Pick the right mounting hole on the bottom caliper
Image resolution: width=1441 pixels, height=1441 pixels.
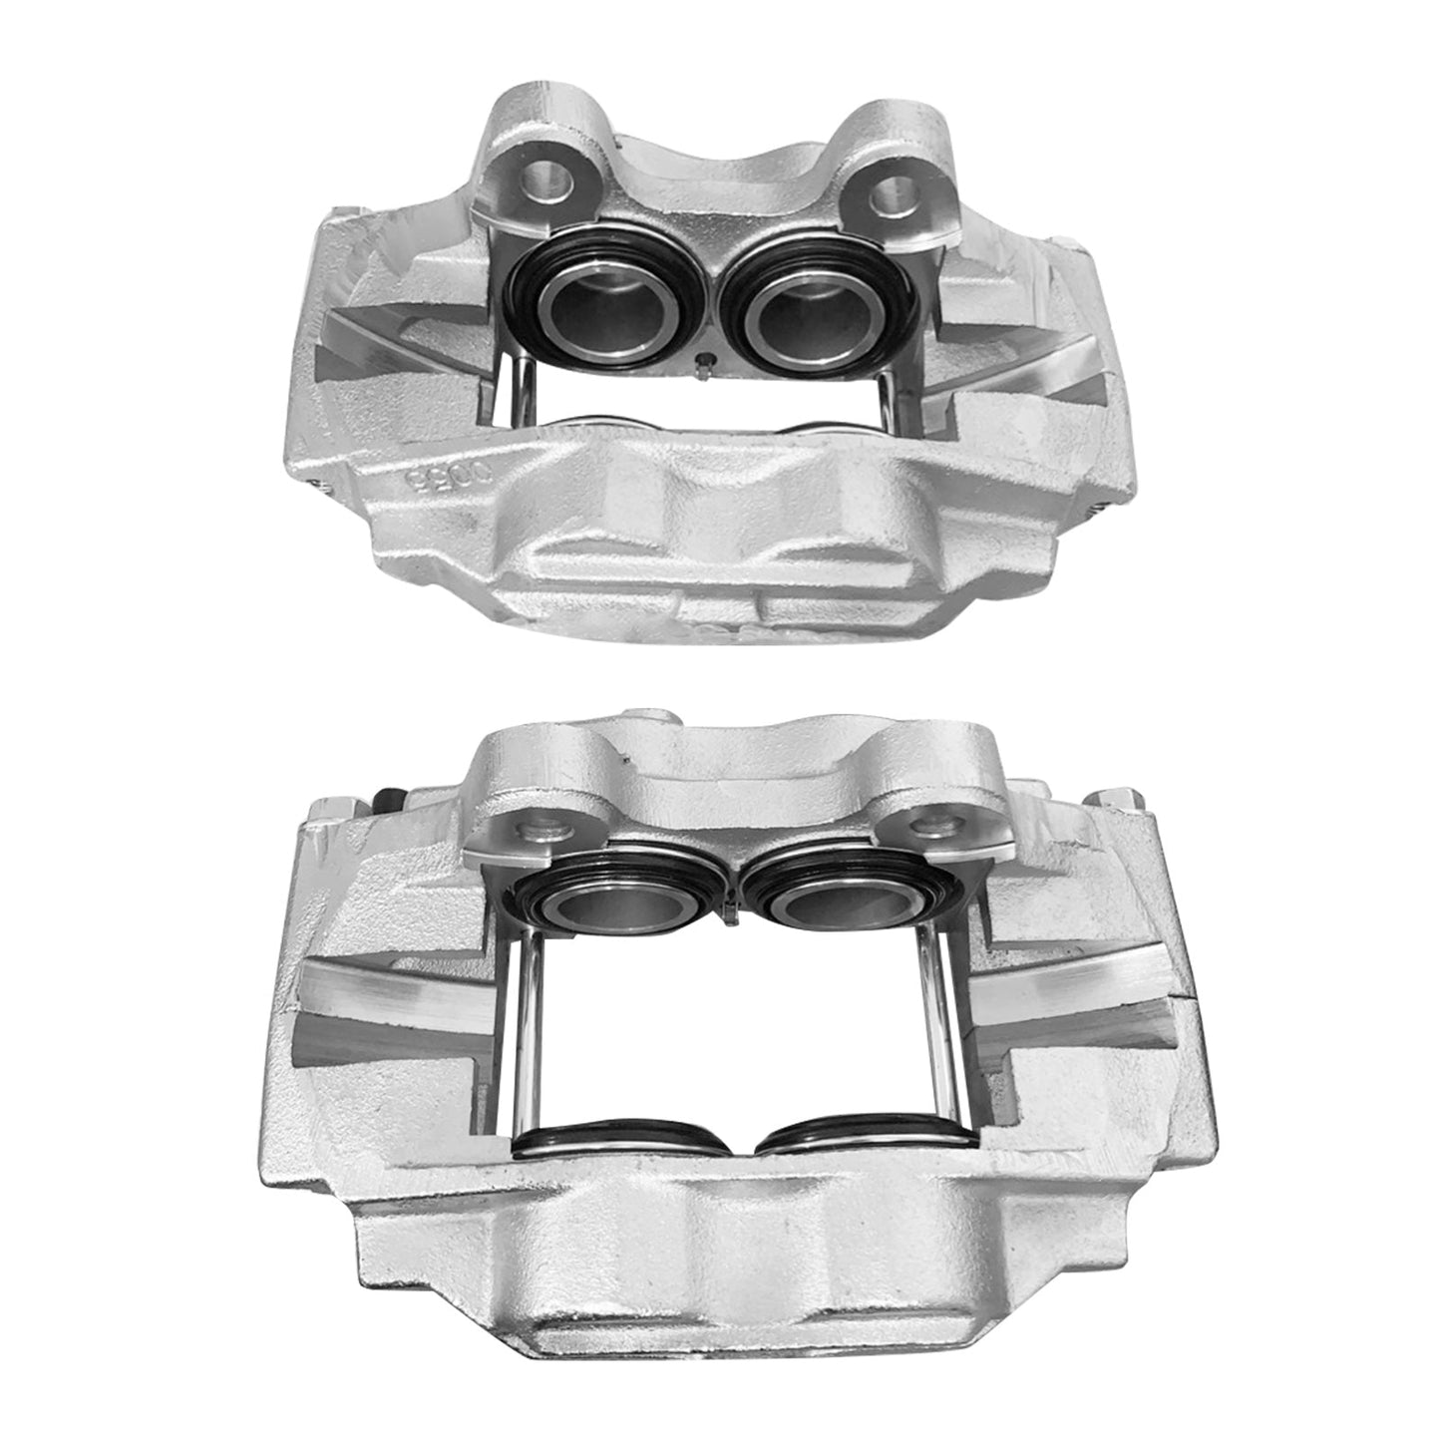pyautogui.click(x=934, y=827)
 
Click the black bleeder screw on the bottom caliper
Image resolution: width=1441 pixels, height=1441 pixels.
pyautogui.click(x=389, y=799)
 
